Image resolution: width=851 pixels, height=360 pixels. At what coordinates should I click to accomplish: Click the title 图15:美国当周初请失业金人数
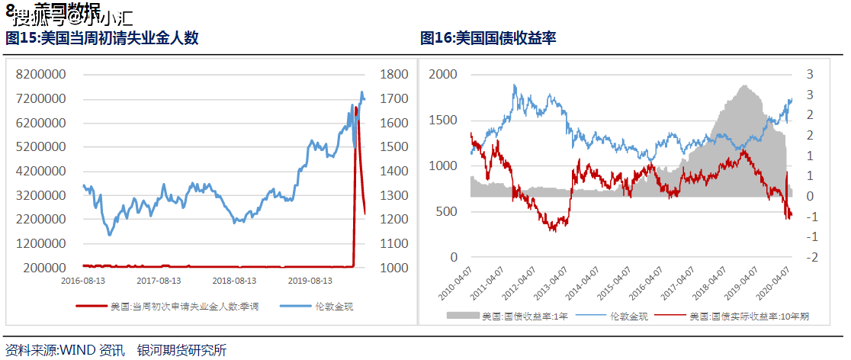point(102,37)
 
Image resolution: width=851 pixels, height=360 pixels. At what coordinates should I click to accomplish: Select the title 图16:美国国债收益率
point(488,37)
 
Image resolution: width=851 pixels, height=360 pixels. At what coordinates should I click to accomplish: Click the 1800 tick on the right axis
point(393,75)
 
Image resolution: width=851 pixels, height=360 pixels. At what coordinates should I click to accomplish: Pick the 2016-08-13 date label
point(84,281)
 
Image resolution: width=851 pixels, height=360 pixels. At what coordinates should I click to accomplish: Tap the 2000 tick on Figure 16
point(443,75)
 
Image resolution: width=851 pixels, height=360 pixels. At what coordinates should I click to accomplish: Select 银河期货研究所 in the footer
point(181,351)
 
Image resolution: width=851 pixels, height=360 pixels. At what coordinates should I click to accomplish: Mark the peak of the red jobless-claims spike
point(355,108)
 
